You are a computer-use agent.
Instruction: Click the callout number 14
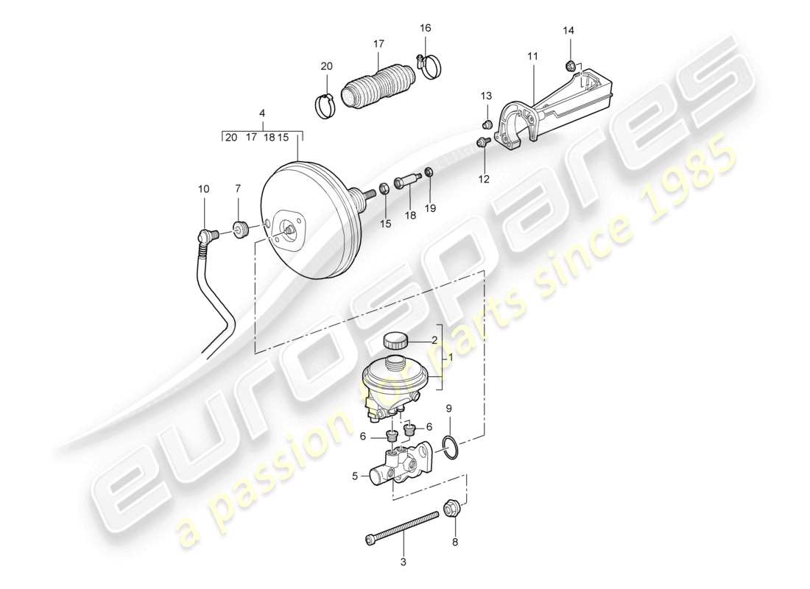(x=567, y=30)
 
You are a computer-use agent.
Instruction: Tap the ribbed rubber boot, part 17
(x=377, y=88)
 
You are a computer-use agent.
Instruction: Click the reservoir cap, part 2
(x=395, y=340)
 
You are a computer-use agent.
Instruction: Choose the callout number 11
(x=532, y=56)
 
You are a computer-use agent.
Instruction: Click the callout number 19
(x=431, y=208)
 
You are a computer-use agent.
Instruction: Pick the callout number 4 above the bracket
(x=262, y=114)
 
